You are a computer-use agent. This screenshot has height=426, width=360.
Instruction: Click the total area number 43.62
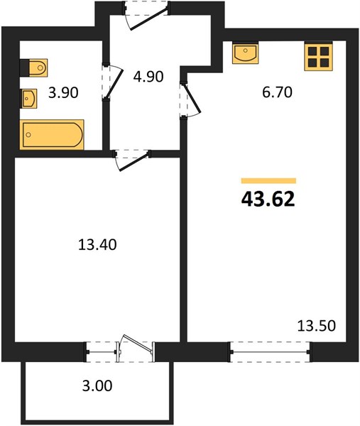click(x=268, y=199)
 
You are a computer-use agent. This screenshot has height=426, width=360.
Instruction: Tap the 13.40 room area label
click(x=97, y=244)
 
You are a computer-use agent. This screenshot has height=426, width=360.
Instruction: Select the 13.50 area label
click(x=317, y=326)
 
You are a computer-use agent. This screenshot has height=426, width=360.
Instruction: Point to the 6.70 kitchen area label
click(x=277, y=92)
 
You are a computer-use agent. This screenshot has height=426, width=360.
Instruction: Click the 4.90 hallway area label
click(x=148, y=77)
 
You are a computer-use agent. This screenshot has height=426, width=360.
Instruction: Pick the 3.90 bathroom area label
click(x=63, y=93)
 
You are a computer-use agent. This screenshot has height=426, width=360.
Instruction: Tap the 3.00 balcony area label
click(x=97, y=386)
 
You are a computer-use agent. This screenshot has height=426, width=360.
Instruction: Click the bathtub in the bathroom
click(x=52, y=134)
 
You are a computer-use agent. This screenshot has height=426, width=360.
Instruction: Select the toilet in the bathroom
click(x=34, y=67)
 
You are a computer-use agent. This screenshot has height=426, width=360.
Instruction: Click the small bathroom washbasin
click(x=29, y=99)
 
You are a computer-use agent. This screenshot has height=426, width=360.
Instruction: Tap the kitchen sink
click(x=246, y=53)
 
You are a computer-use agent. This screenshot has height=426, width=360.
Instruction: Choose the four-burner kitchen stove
click(x=318, y=56)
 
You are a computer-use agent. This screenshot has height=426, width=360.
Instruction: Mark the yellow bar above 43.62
click(x=268, y=180)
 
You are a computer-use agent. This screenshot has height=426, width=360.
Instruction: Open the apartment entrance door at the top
click(x=146, y=15)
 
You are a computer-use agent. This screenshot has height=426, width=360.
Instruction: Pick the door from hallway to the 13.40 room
click(x=132, y=160)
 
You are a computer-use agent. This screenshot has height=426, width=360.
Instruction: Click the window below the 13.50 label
click(x=270, y=352)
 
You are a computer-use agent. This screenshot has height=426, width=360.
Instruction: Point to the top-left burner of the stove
click(x=312, y=51)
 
